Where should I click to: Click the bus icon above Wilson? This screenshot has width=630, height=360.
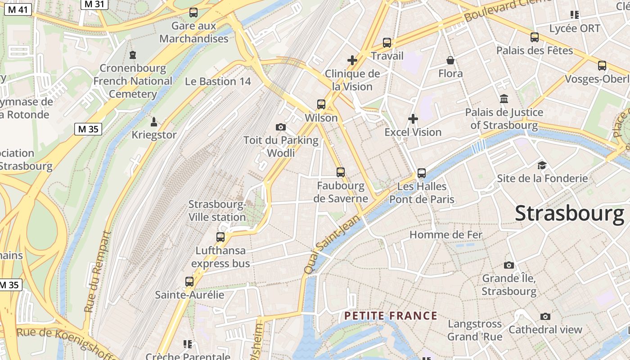coord(321,104)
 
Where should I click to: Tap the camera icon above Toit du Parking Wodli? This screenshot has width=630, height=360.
coord(281,127)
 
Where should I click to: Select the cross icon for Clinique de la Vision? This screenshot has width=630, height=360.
coord(352,60)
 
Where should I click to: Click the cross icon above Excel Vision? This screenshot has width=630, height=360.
coord(413,119)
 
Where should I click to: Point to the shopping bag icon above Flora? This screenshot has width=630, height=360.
coord(450,60)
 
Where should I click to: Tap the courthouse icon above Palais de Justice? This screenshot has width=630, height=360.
coord(504,99)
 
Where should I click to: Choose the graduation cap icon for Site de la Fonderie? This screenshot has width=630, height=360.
coord(542,165)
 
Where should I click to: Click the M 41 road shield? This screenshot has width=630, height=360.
coord(18,9)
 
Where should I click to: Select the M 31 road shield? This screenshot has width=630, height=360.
coord(94,4)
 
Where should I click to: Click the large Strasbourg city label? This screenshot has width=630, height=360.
coord(569,213)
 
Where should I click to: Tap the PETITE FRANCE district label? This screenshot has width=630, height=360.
coord(391,316)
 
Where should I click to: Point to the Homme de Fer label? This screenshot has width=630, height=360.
coord(445,234)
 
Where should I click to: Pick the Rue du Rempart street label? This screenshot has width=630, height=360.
coord(97,272)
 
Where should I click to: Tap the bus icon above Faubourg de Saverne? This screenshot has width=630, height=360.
coord(341,172)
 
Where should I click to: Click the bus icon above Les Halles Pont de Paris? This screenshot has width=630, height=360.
coord(422,173)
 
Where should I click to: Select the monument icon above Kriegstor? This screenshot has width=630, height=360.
coord(154,121)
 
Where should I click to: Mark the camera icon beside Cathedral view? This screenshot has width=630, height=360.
coord(545,316)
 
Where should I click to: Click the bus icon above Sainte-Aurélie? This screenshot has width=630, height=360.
coord(189,282)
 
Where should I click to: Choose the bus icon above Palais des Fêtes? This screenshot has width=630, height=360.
coord(535,37)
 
